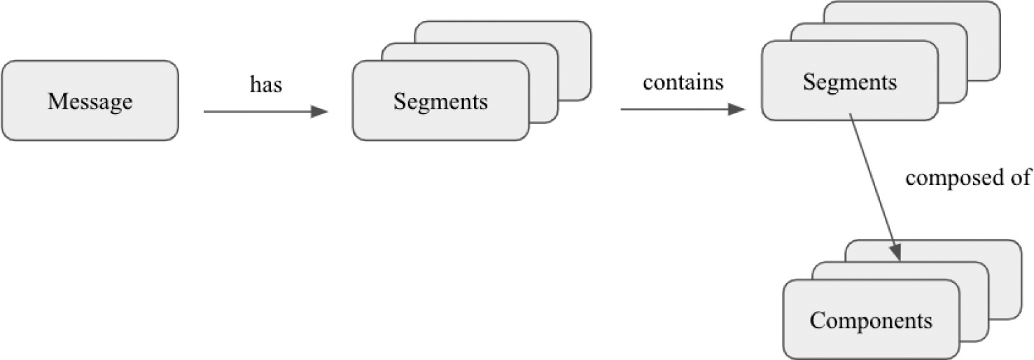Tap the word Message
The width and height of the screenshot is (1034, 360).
[x=90, y=102]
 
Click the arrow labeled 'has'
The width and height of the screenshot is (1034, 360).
[x=259, y=111]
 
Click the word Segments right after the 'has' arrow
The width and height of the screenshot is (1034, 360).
[x=440, y=102]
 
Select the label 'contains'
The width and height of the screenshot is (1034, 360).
[x=683, y=83]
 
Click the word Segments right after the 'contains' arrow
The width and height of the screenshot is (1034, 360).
[x=849, y=82]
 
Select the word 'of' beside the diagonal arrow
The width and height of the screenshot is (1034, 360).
[x=1021, y=178]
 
